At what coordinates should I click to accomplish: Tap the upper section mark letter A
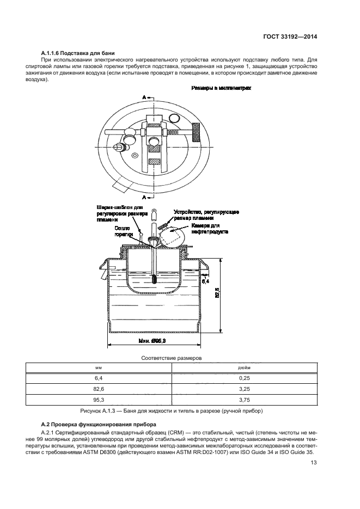click(x=144, y=96)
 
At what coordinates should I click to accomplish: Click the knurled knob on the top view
click(x=197, y=130)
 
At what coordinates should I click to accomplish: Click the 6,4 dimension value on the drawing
click(x=205, y=281)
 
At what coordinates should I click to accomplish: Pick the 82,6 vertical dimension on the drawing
click(x=217, y=293)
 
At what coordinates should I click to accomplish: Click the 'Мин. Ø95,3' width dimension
click(x=152, y=340)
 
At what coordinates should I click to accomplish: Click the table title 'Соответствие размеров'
click(x=172, y=359)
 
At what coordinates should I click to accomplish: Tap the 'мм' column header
click(x=99, y=369)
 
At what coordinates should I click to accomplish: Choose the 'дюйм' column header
click(x=244, y=369)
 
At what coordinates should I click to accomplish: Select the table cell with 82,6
click(x=99, y=389)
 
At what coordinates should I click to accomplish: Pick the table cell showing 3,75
click(x=244, y=400)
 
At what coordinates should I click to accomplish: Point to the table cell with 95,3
click(x=99, y=400)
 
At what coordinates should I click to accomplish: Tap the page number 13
click(x=314, y=463)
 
